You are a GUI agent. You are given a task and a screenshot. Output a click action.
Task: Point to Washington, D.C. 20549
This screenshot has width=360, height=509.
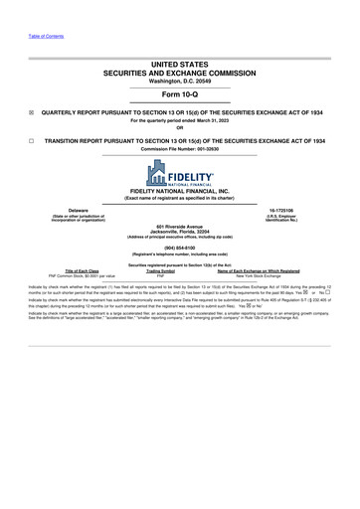[x=180, y=81]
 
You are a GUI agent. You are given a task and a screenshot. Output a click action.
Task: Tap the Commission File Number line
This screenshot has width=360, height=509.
[x=180, y=149]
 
